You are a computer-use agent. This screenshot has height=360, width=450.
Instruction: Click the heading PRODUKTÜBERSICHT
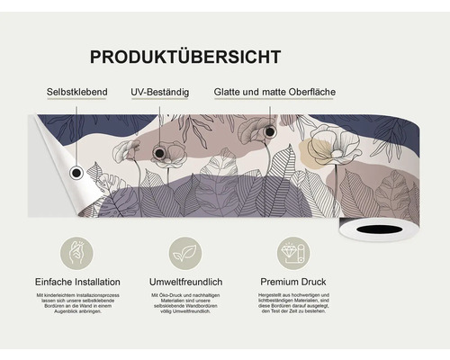tap(184, 57)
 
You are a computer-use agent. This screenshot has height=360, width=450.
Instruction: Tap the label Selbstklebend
tap(77, 93)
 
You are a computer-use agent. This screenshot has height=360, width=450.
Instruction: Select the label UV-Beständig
tap(161, 93)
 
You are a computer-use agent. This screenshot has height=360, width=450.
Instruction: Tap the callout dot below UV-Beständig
tap(160, 154)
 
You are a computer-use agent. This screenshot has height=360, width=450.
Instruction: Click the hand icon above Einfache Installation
tap(77, 251)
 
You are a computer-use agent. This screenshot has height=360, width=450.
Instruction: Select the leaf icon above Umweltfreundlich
tap(185, 251)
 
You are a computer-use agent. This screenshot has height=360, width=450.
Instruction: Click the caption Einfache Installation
tap(77, 283)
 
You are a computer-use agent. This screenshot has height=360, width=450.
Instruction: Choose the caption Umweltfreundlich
tap(185, 283)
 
